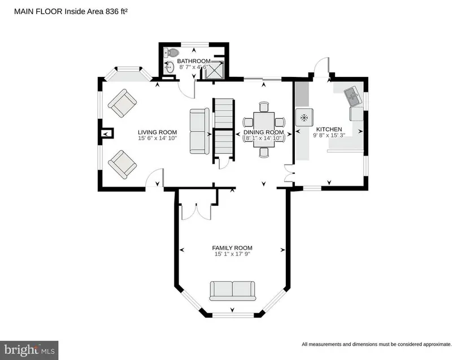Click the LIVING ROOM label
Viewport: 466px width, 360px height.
tap(157, 132)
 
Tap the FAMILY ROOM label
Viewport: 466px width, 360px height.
tap(232, 248)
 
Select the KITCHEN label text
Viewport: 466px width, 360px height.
tap(329, 129)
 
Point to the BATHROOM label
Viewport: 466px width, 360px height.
tap(194, 61)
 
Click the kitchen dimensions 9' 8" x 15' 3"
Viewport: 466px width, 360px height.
tap(329, 135)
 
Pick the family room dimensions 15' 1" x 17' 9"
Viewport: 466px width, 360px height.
tap(232, 254)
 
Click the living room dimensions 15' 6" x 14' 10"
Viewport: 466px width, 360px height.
tap(157, 138)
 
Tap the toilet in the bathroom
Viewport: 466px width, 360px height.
tap(171, 53)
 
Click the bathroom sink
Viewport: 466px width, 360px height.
tap(169, 67)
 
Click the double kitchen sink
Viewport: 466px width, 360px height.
tap(354, 96)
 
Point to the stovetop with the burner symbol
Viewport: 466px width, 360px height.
tap(304, 118)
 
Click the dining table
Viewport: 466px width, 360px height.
tap(264, 129)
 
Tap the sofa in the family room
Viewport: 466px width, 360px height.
tap(232, 290)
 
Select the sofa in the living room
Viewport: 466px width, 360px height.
tap(199, 131)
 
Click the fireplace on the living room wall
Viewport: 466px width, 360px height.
tap(106, 133)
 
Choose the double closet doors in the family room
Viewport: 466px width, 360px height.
tap(196, 212)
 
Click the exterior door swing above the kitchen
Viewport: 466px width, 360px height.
tap(322, 67)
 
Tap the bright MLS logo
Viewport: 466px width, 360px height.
tap(29, 350)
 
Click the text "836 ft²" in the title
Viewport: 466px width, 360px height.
tap(116, 11)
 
